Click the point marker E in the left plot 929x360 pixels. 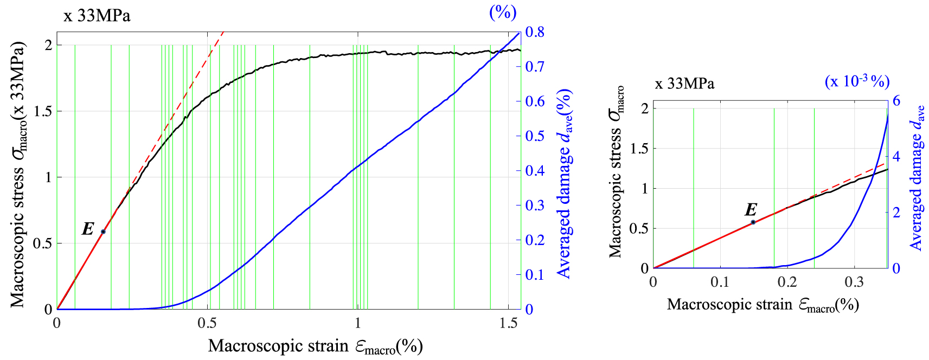(x=103, y=232)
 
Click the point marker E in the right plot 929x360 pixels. (x=753, y=222)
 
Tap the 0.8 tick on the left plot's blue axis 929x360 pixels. (x=535, y=32)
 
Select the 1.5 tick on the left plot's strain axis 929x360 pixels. (x=508, y=323)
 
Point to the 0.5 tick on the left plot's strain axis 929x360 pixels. (x=208, y=323)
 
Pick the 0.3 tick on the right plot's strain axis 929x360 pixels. (x=854, y=282)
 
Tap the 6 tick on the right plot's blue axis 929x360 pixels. (x=896, y=101)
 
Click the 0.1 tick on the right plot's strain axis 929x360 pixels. (x=720, y=282)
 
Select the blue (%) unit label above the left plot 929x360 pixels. (x=503, y=12)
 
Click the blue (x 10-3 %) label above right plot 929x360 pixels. (x=857, y=81)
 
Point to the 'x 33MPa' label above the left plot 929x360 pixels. (x=97, y=16)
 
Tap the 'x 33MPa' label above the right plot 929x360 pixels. (x=684, y=83)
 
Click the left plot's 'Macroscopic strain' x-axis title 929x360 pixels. (x=315, y=346)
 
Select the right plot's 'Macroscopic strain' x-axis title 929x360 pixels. (x=763, y=305)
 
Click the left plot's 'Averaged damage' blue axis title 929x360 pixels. (x=565, y=184)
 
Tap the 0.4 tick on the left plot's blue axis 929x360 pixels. (x=535, y=171)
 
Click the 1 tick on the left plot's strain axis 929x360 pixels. (x=358, y=323)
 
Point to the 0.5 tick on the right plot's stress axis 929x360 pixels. (x=639, y=228)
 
